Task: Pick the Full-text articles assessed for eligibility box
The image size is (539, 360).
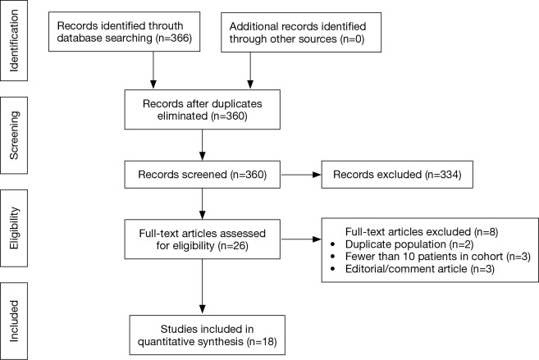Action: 199,239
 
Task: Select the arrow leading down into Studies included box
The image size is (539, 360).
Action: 199,283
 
